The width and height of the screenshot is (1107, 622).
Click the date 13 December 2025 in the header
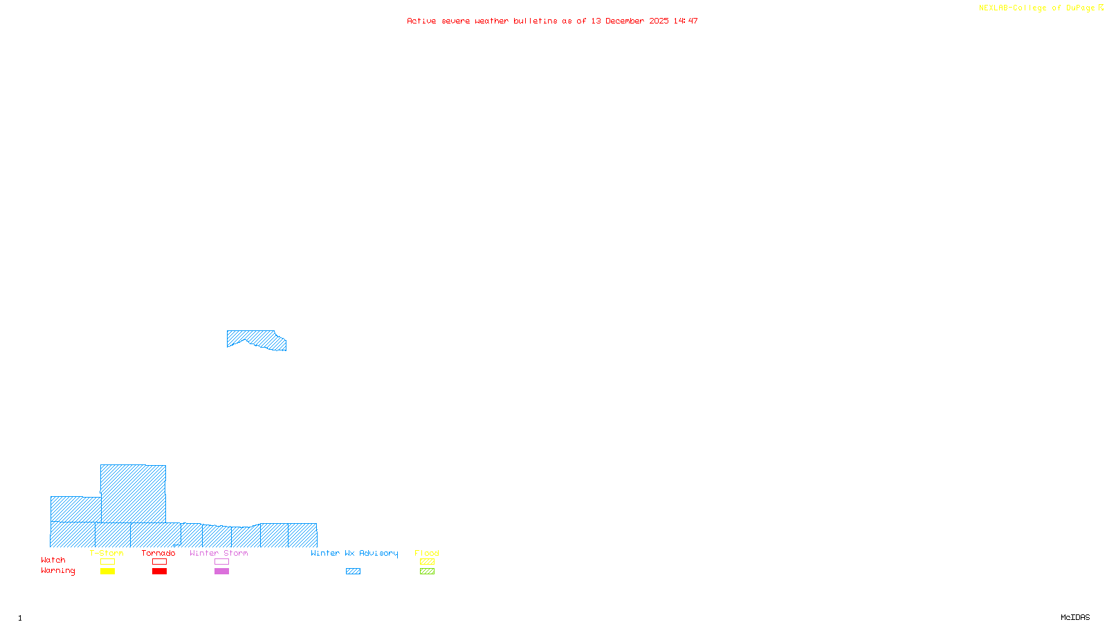pos(630,21)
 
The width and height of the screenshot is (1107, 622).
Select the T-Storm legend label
pos(107,553)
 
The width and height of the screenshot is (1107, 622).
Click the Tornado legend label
pos(158,553)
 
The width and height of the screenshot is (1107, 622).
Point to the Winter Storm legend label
pos(219,553)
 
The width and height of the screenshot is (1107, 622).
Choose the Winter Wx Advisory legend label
pos(354,553)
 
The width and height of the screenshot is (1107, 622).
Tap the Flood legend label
pos(427,553)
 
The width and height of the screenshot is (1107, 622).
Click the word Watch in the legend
pos(53,560)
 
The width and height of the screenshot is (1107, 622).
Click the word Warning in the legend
pos(58,571)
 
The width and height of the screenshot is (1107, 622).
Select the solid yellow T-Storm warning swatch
pos(107,572)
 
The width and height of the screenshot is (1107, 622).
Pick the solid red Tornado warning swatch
pos(159,572)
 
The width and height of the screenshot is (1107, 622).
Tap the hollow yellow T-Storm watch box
pos(107,562)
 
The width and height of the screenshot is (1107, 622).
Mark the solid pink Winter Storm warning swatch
pos(221,572)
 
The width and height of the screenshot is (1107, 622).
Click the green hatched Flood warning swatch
pos(427,572)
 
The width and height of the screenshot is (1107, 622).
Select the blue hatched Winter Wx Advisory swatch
pos(353,572)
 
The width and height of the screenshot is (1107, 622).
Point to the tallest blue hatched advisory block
pos(133,493)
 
